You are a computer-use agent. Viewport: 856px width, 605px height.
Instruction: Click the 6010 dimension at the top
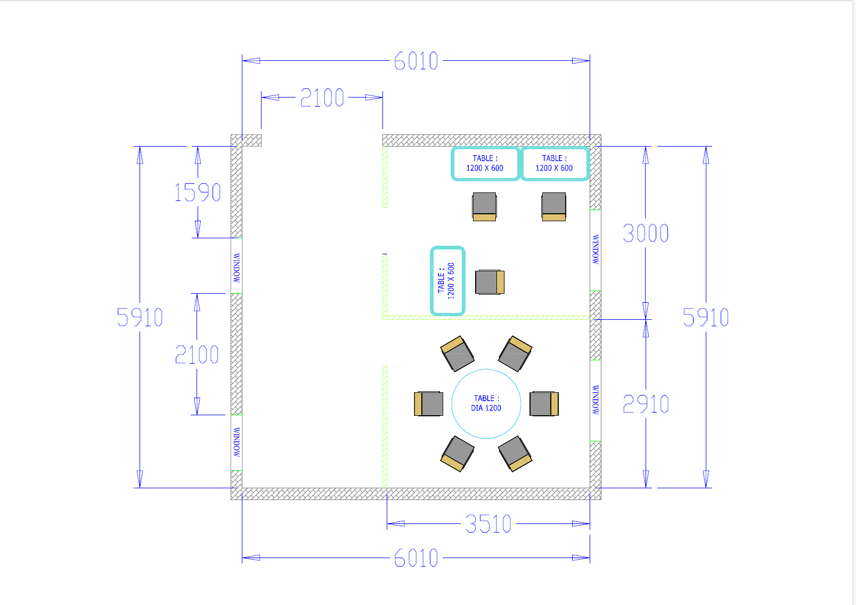coord(416,61)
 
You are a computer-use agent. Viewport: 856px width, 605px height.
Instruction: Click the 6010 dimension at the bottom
coord(416,558)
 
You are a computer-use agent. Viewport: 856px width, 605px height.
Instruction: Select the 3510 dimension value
coord(488,524)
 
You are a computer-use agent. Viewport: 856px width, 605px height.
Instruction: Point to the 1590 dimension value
coord(198,192)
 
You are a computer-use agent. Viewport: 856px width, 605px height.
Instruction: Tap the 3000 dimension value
coord(646,233)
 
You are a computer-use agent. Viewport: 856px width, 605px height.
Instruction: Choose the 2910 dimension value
coord(646,404)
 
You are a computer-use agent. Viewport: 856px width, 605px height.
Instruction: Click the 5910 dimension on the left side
coord(140,317)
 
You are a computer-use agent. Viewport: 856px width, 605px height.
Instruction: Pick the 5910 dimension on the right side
coord(705,317)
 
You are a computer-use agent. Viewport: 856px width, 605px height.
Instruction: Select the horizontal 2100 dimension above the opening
coord(322,97)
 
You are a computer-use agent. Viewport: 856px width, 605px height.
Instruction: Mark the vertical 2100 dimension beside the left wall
coord(197,354)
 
